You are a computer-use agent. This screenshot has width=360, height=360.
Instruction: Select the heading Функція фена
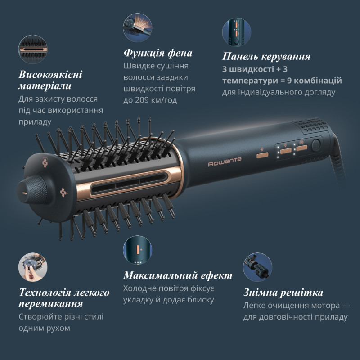(158, 53)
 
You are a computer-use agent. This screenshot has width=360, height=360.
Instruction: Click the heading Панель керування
(266, 57)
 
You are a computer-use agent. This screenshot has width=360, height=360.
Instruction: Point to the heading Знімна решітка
(283, 292)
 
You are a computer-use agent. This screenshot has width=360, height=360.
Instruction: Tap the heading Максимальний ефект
(178, 275)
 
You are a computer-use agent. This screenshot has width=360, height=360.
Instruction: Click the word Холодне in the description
(140, 288)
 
